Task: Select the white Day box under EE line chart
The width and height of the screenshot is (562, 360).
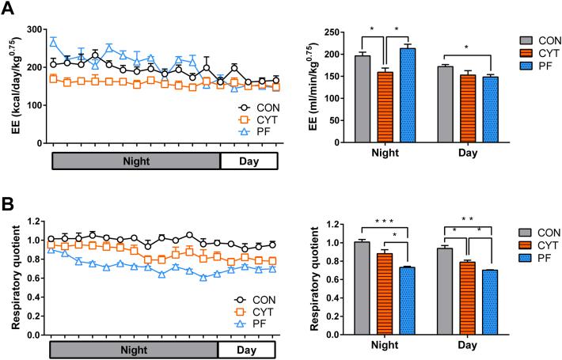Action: pos(249,161)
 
